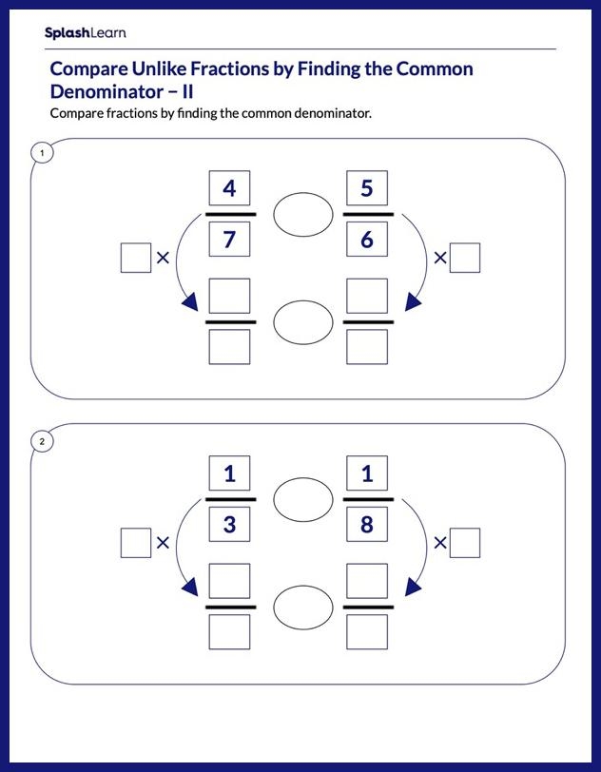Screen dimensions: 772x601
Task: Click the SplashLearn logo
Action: point(84,33)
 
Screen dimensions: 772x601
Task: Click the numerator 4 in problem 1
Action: point(229,188)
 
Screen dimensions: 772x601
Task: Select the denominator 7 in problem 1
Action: point(229,240)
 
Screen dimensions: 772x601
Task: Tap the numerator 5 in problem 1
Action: point(367,188)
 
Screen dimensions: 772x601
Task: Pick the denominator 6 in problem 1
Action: point(367,240)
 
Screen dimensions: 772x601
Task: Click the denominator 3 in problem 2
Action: point(229,525)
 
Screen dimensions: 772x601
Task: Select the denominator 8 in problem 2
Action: point(367,525)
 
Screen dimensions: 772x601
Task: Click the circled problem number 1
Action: point(42,152)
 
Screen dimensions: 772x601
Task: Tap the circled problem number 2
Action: point(42,441)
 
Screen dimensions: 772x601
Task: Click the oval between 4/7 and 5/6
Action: point(302,215)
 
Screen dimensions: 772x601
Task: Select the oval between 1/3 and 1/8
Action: point(302,499)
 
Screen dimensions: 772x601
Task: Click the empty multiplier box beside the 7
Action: point(136,258)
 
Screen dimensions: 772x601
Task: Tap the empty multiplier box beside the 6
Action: point(465,258)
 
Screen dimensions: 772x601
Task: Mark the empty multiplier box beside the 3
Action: point(136,543)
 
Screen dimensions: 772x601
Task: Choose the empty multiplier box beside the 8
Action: point(465,543)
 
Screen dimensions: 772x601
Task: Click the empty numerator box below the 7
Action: point(229,296)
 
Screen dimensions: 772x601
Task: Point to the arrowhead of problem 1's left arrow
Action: point(189,301)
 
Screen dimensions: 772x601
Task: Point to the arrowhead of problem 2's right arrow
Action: point(413,586)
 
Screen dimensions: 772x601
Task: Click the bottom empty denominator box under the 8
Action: point(367,631)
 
